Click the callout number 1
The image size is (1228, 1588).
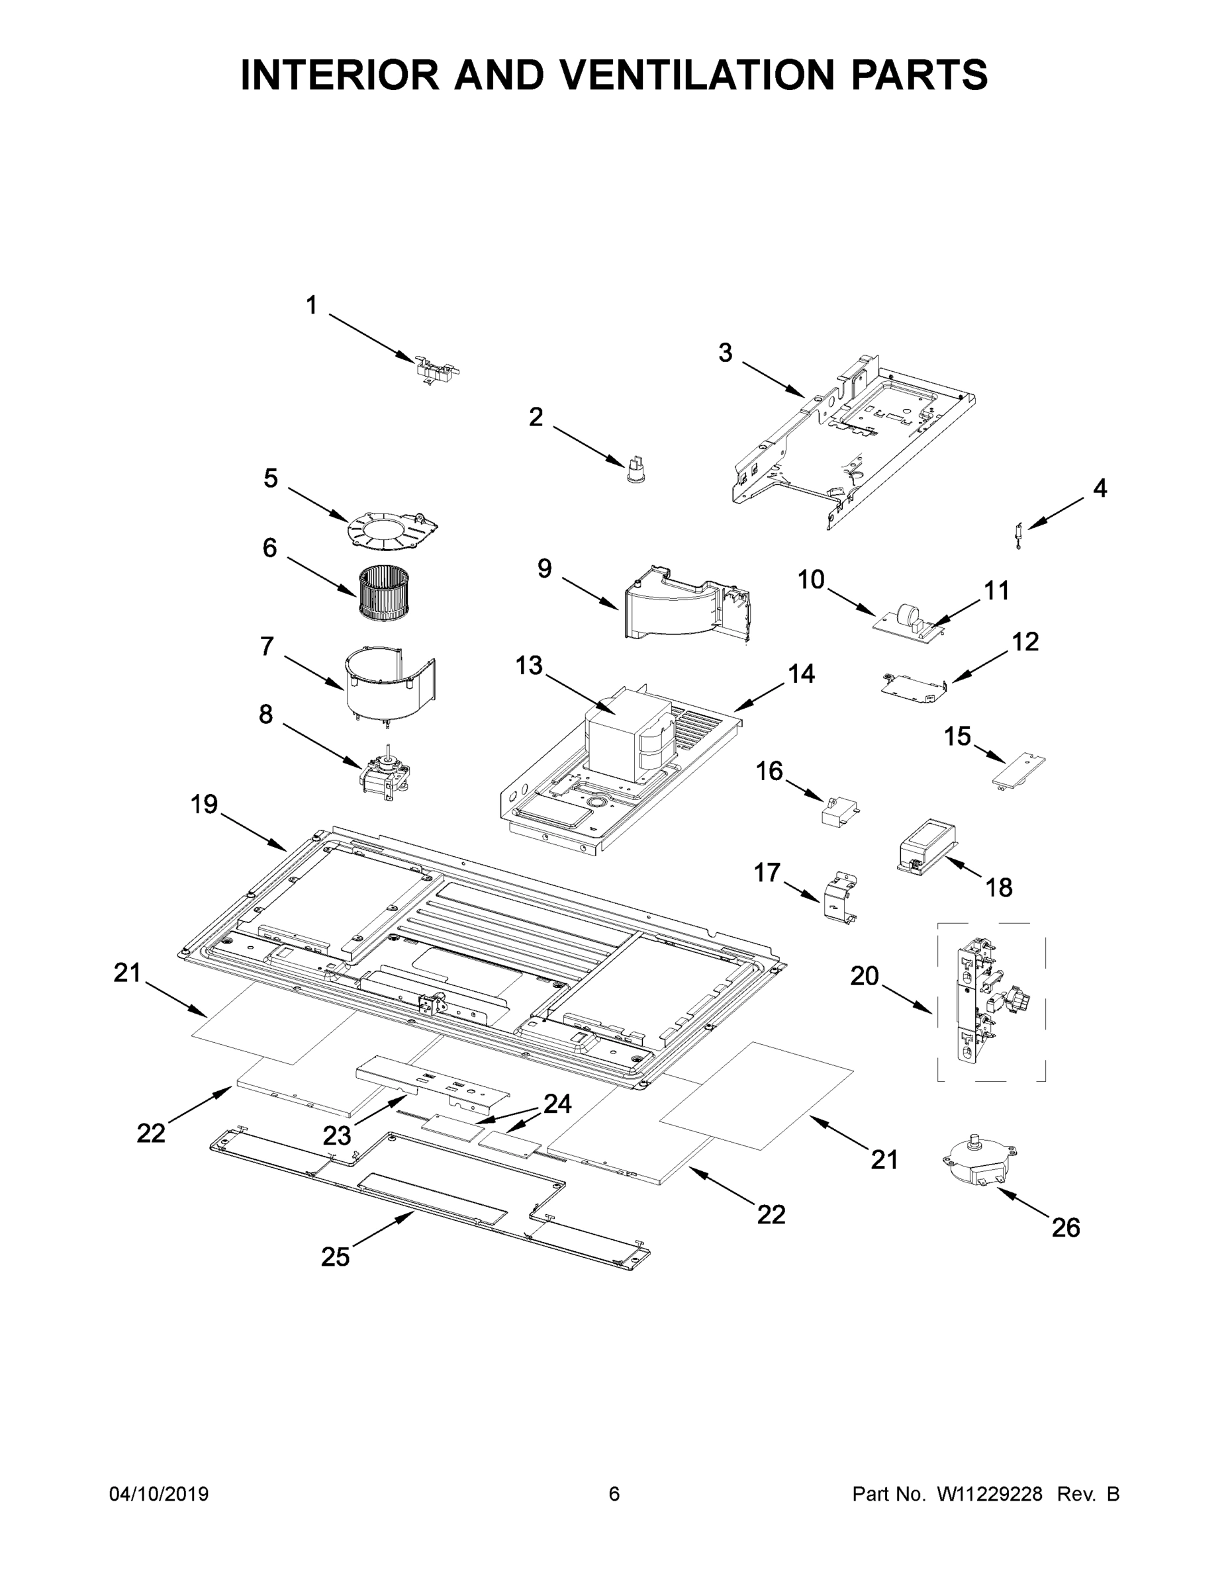[311, 306]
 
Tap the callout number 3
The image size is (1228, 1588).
[726, 353]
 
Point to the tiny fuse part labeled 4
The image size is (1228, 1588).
[1019, 535]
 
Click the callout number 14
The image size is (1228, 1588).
[802, 674]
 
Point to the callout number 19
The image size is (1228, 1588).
[205, 804]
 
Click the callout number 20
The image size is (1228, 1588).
[865, 976]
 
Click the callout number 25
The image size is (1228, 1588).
[336, 1257]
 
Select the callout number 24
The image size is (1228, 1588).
[557, 1104]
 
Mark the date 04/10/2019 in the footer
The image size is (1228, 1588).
[159, 1494]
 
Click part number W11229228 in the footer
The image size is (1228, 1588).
[990, 1494]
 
